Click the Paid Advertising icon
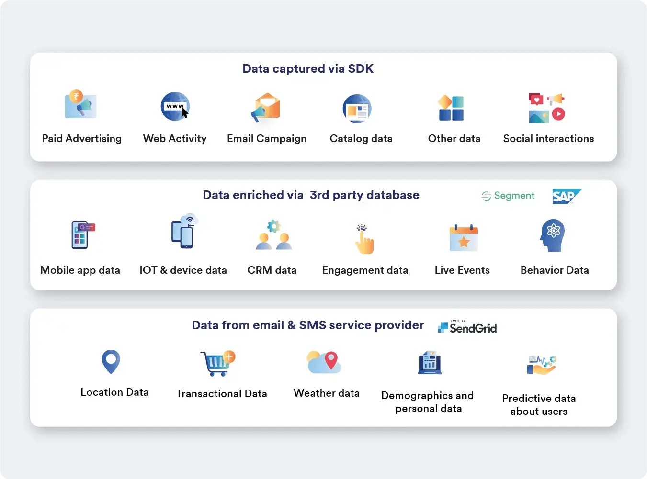click(x=80, y=104)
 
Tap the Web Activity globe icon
click(x=175, y=106)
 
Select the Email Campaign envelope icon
click(x=266, y=107)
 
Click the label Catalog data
click(x=361, y=139)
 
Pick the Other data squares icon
click(x=451, y=108)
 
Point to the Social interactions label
click(x=548, y=139)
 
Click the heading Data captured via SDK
click(x=308, y=69)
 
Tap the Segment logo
click(x=508, y=196)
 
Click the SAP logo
click(x=566, y=196)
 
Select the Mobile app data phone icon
click(x=82, y=234)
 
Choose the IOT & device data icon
click(x=184, y=232)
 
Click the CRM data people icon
click(x=273, y=235)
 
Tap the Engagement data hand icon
click(x=364, y=239)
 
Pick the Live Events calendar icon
click(x=464, y=238)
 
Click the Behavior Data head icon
click(x=553, y=235)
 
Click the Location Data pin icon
click(x=111, y=361)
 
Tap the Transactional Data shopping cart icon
click(x=217, y=364)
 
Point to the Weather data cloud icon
click(x=324, y=362)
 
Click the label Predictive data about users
click(x=539, y=405)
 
